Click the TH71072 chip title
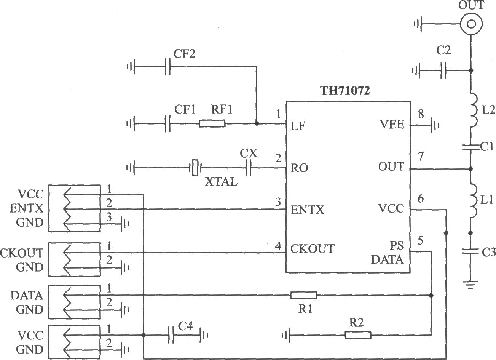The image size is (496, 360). (345, 91)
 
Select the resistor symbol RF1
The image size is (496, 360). (212, 123)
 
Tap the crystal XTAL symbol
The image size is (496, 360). (195, 168)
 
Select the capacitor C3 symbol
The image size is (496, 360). (471, 251)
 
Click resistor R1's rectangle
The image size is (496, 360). (304, 295)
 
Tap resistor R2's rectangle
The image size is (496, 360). (358, 335)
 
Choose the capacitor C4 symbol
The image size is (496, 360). (171, 335)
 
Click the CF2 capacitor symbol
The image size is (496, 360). (167, 66)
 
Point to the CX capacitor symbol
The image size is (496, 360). (249, 168)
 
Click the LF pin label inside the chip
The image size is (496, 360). (298, 126)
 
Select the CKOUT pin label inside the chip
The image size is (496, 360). (312, 249)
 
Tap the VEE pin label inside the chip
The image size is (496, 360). (392, 124)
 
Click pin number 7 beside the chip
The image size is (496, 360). (421, 157)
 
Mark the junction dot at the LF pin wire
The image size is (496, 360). (257, 123)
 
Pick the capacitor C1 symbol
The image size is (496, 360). (471, 147)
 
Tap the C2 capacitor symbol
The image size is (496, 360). (443, 71)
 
